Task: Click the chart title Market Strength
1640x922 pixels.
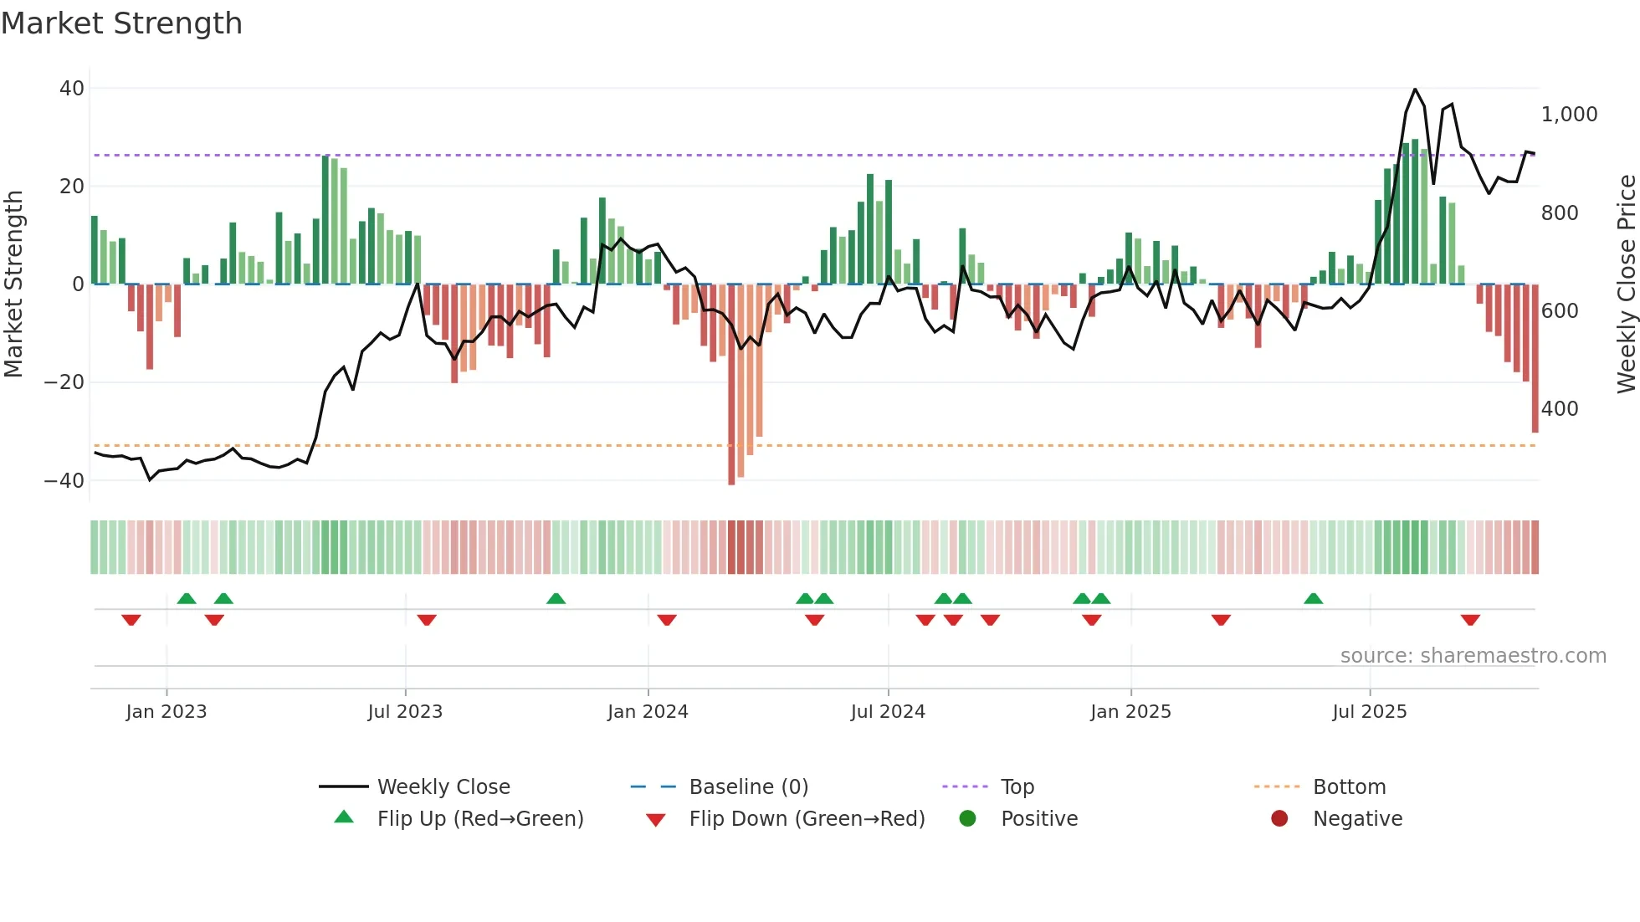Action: (x=121, y=23)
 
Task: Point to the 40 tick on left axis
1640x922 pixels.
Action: (x=72, y=89)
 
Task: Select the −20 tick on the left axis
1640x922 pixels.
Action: (x=64, y=382)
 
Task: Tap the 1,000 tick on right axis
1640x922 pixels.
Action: (x=1569, y=115)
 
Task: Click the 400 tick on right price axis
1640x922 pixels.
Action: (x=1560, y=409)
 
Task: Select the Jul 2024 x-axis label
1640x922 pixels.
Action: (x=888, y=712)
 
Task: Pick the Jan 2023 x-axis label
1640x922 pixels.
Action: (x=167, y=712)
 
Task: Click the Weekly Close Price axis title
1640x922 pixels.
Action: (x=1626, y=284)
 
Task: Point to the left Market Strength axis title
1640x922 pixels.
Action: (x=13, y=284)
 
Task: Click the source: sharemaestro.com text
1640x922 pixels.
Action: (x=1473, y=656)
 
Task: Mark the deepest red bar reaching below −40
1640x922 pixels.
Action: (x=731, y=385)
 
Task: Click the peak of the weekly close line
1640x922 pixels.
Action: (x=1415, y=90)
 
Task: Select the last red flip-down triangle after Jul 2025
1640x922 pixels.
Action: (x=1470, y=620)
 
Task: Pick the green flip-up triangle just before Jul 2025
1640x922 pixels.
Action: (x=1313, y=598)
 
